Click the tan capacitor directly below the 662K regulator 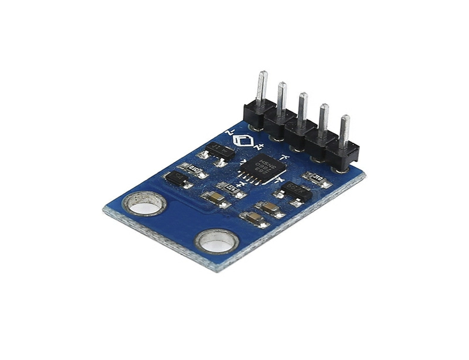pyautogui.click(x=270, y=208)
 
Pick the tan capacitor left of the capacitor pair pyautogui.click(x=213, y=198)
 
